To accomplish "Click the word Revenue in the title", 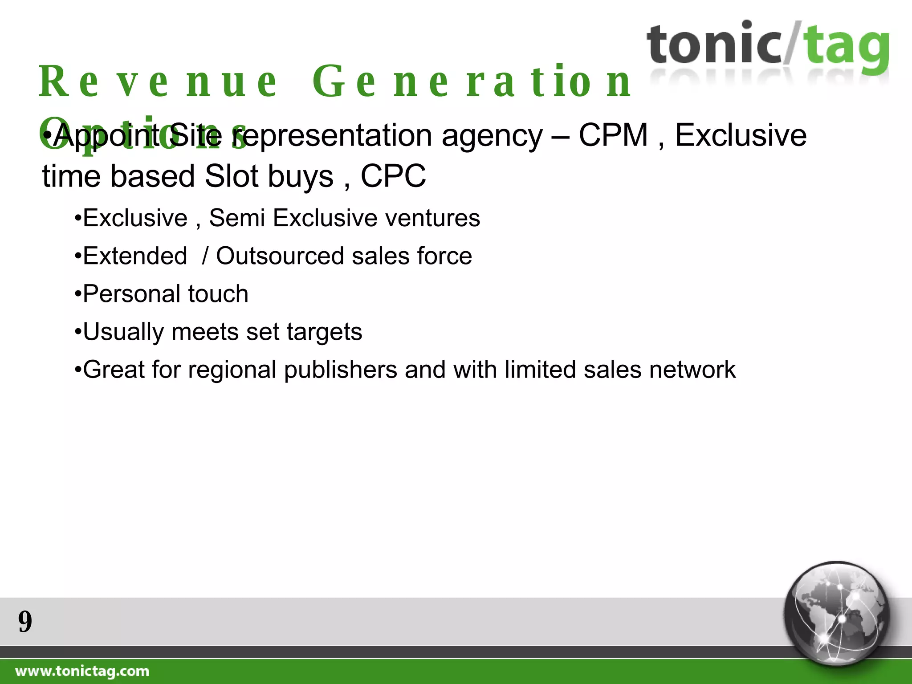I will pyautogui.click(x=158, y=82).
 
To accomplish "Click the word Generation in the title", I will pyautogui.click(x=471, y=82).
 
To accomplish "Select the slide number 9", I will pyautogui.click(x=25, y=622).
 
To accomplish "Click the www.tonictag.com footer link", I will pyautogui.click(x=82, y=671).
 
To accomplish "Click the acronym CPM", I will pyautogui.click(x=613, y=135).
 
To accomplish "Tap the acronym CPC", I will pyautogui.click(x=393, y=176).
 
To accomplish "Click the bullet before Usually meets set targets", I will pyautogui.click(x=78, y=332).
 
